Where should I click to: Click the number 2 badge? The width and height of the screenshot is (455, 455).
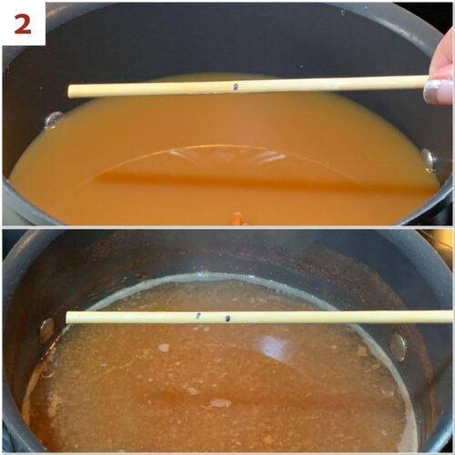point(22,23)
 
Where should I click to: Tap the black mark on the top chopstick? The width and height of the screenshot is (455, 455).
point(236,87)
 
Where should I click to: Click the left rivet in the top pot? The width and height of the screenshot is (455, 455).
point(54,119)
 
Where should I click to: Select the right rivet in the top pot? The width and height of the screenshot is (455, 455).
point(429,159)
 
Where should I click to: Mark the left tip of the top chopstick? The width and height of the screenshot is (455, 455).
point(71,91)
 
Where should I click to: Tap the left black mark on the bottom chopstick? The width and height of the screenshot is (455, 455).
point(198,317)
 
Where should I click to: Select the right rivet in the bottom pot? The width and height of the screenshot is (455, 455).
point(398,346)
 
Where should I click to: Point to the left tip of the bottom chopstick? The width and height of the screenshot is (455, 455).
point(68,318)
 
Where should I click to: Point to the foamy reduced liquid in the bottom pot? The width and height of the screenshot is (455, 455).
point(182,391)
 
